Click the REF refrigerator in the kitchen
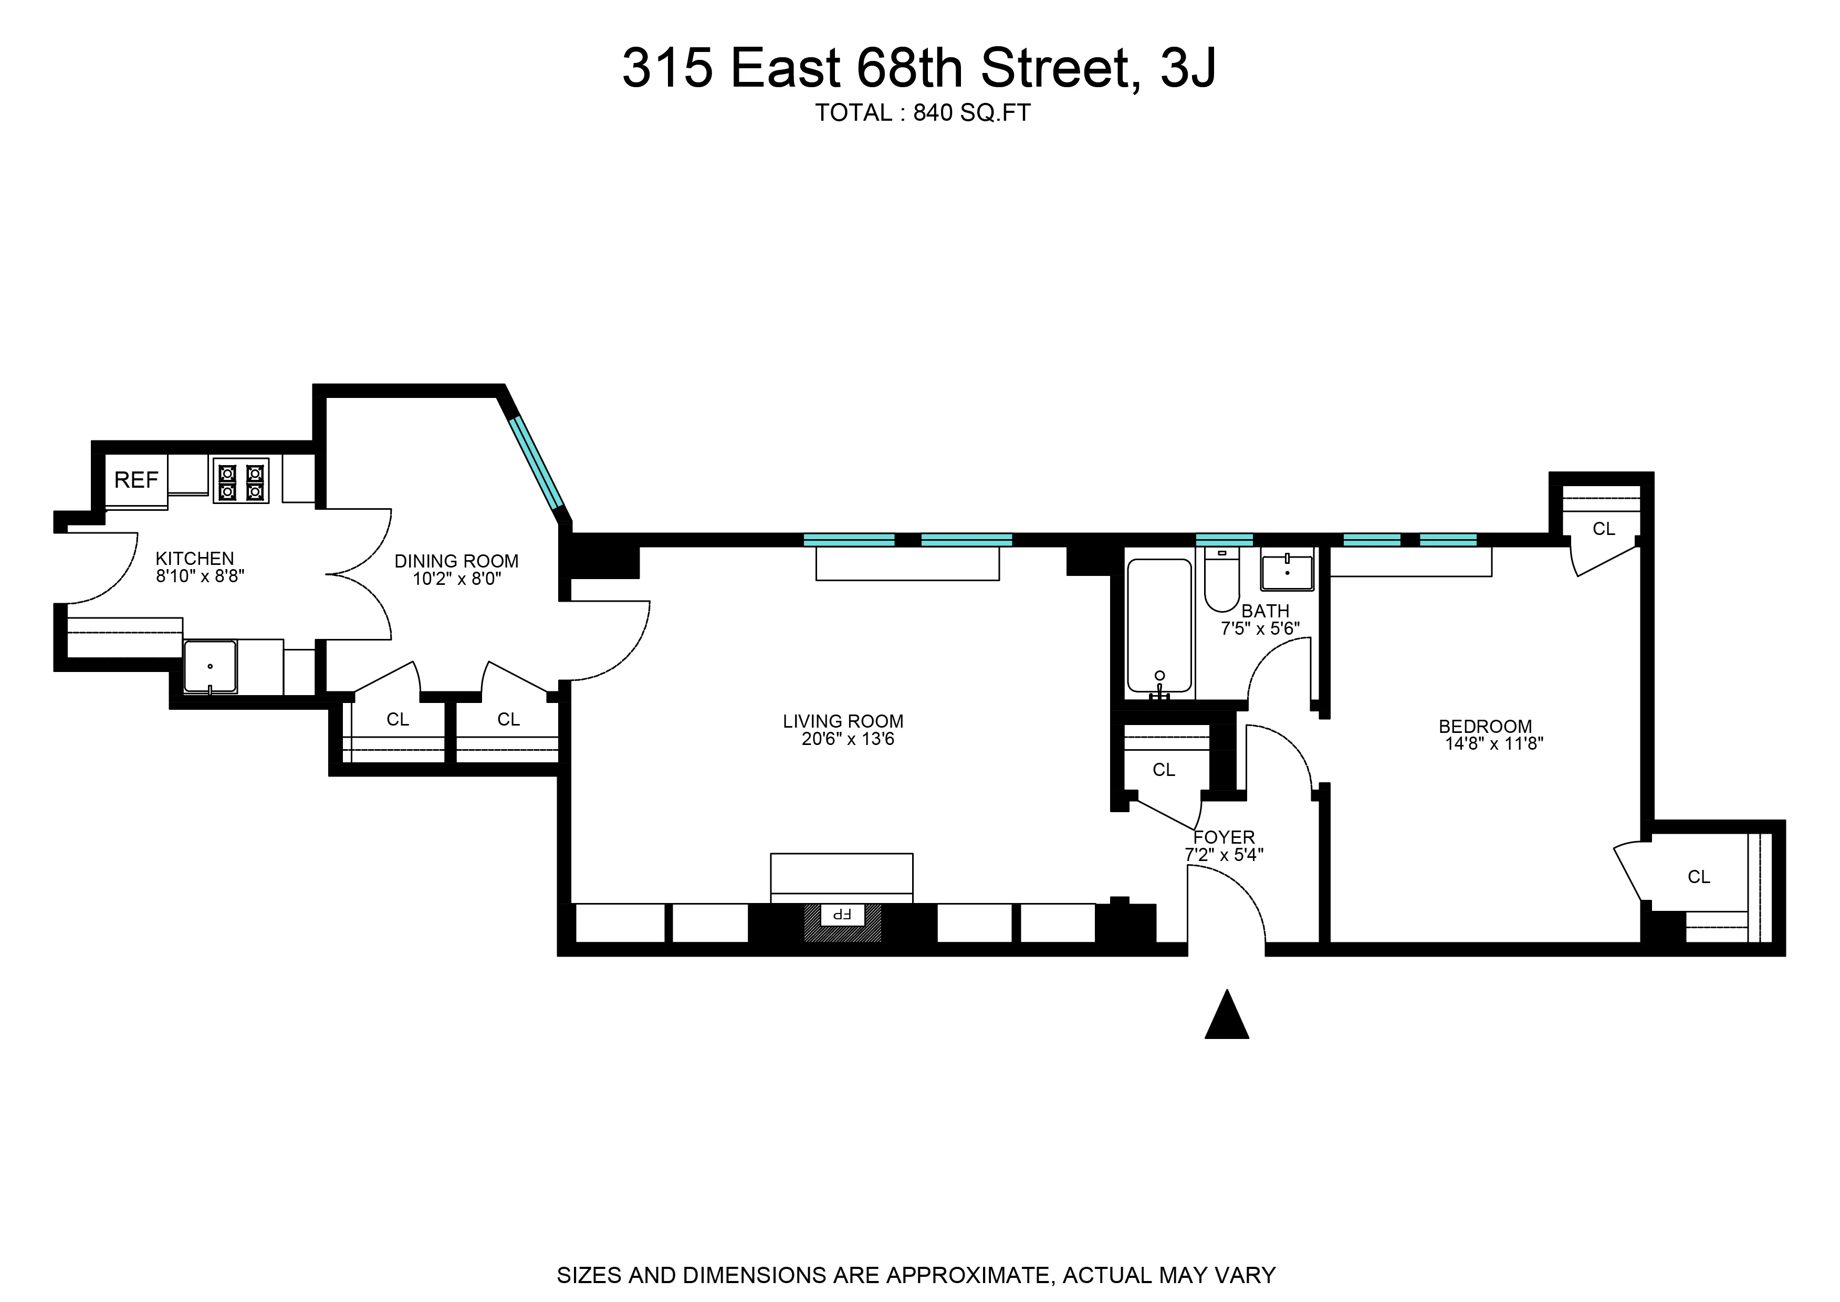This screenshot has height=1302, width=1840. pyautogui.click(x=137, y=480)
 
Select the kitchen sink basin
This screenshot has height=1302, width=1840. pyautogui.click(x=210, y=665)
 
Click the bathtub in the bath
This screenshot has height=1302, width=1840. pyautogui.click(x=1159, y=625)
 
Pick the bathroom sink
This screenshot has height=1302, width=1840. pyautogui.click(x=1287, y=572)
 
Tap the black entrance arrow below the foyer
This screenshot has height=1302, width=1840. pyautogui.click(x=1227, y=1016)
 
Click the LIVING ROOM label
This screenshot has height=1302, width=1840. pyautogui.click(x=843, y=721)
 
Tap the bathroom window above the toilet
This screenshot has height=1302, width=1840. pyautogui.click(x=1224, y=540)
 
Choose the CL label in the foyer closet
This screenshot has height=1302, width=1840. pyautogui.click(x=1163, y=770)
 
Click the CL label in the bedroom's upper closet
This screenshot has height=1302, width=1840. pyautogui.click(x=1604, y=528)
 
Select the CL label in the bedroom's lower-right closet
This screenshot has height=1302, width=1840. pyautogui.click(x=1699, y=877)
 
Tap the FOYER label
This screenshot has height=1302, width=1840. pyautogui.click(x=1224, y=837)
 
